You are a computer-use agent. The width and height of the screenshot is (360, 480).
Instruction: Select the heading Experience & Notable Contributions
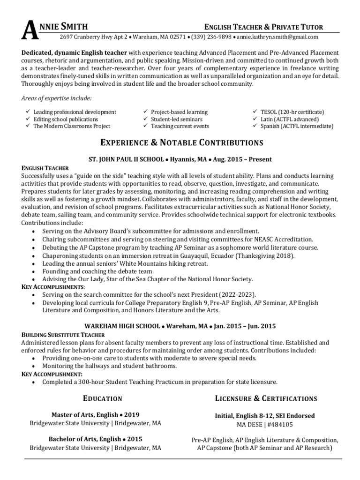tap(181, 142)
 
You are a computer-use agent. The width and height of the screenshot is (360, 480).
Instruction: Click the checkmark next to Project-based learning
tap(145, 112)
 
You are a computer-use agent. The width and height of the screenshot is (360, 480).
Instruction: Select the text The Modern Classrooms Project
tap(71, 126)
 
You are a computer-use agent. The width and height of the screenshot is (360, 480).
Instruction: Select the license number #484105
tap(281, 425)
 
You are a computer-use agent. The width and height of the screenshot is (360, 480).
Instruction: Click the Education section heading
tap(102, 398)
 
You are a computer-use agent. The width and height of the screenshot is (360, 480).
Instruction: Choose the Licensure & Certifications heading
tap(266, 398)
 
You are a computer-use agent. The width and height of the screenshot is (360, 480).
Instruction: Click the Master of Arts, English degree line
tap(95, 415)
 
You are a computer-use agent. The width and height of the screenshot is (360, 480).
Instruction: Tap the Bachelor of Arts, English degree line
tap(95, 439)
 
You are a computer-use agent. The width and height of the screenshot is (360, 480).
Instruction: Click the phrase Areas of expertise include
tap(57, 98)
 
